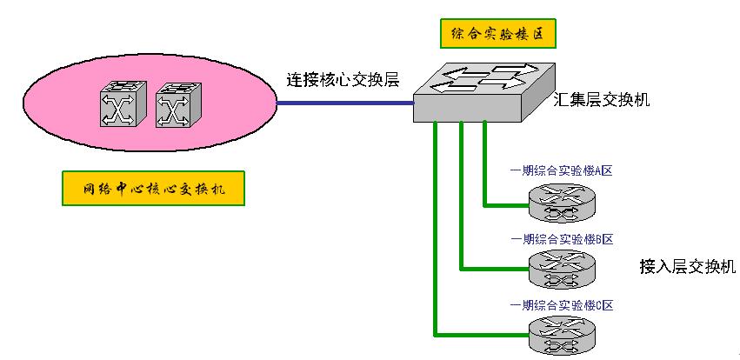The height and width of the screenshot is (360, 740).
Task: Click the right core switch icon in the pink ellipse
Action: tap(177, 106)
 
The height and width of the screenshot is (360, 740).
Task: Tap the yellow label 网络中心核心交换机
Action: tap(153, 189)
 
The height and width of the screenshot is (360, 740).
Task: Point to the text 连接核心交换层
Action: tap(343, 80)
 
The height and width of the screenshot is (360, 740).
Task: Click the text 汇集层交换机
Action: tap(602, 101)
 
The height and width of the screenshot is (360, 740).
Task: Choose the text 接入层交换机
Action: tap(687, 266)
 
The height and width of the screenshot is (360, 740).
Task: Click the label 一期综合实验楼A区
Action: tap(562, 170)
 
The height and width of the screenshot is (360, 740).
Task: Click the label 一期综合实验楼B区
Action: tap(562, 237)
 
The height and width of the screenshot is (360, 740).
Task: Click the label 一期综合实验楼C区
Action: tap(562, 305)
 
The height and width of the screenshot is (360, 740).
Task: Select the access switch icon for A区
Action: tap(562, 203)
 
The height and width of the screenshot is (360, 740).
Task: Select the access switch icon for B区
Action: tap(562, 270)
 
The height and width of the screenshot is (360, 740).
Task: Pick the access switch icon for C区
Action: tap(562, 336)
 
